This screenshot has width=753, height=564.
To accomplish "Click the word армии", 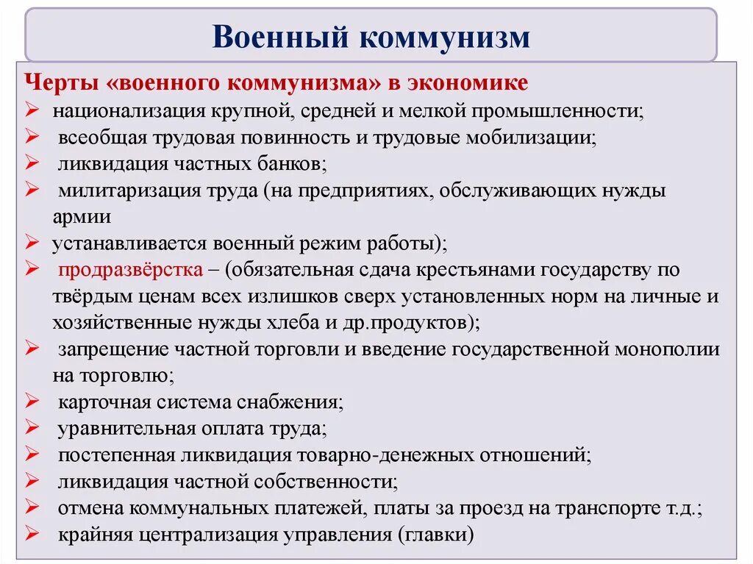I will (x=82, y=216).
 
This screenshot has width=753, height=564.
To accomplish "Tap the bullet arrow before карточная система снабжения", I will (x=32, y=402).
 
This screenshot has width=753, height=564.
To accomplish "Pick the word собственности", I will (x=330, y=482).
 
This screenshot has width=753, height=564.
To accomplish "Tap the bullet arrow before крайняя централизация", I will (x=32, y=535).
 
